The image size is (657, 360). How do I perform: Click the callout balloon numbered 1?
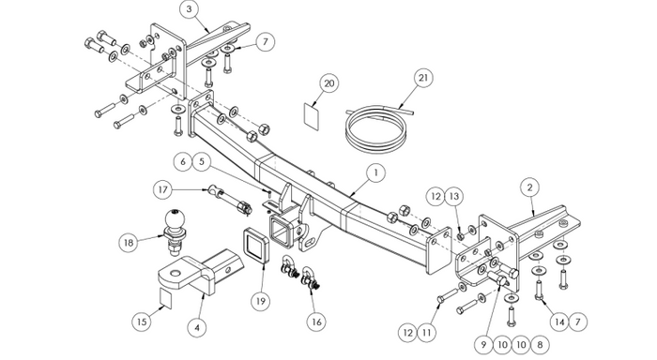click(375, 172)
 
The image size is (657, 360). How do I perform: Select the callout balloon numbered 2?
click(529, 187)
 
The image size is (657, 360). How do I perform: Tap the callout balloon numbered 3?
click(189, 9)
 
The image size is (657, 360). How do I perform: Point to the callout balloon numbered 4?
click(197, 327)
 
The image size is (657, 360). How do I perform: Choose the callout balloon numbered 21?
click(423, 78)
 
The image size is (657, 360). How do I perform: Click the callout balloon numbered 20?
click(329, 83)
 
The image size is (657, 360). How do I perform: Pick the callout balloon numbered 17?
click(163, 189)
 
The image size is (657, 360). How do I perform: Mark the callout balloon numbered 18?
click(129, 243)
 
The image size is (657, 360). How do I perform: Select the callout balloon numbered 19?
click(261, 301)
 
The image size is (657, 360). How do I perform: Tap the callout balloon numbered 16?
click(316, 322)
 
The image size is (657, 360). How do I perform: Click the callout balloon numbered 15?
click(142, 322)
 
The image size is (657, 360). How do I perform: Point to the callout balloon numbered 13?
click(454, 196)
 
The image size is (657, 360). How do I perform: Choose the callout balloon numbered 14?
click(559, 322)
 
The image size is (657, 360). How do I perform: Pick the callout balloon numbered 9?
click(483, 345)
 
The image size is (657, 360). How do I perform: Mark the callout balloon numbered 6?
click(183, 161)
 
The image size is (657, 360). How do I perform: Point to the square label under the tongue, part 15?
click(166, 298)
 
